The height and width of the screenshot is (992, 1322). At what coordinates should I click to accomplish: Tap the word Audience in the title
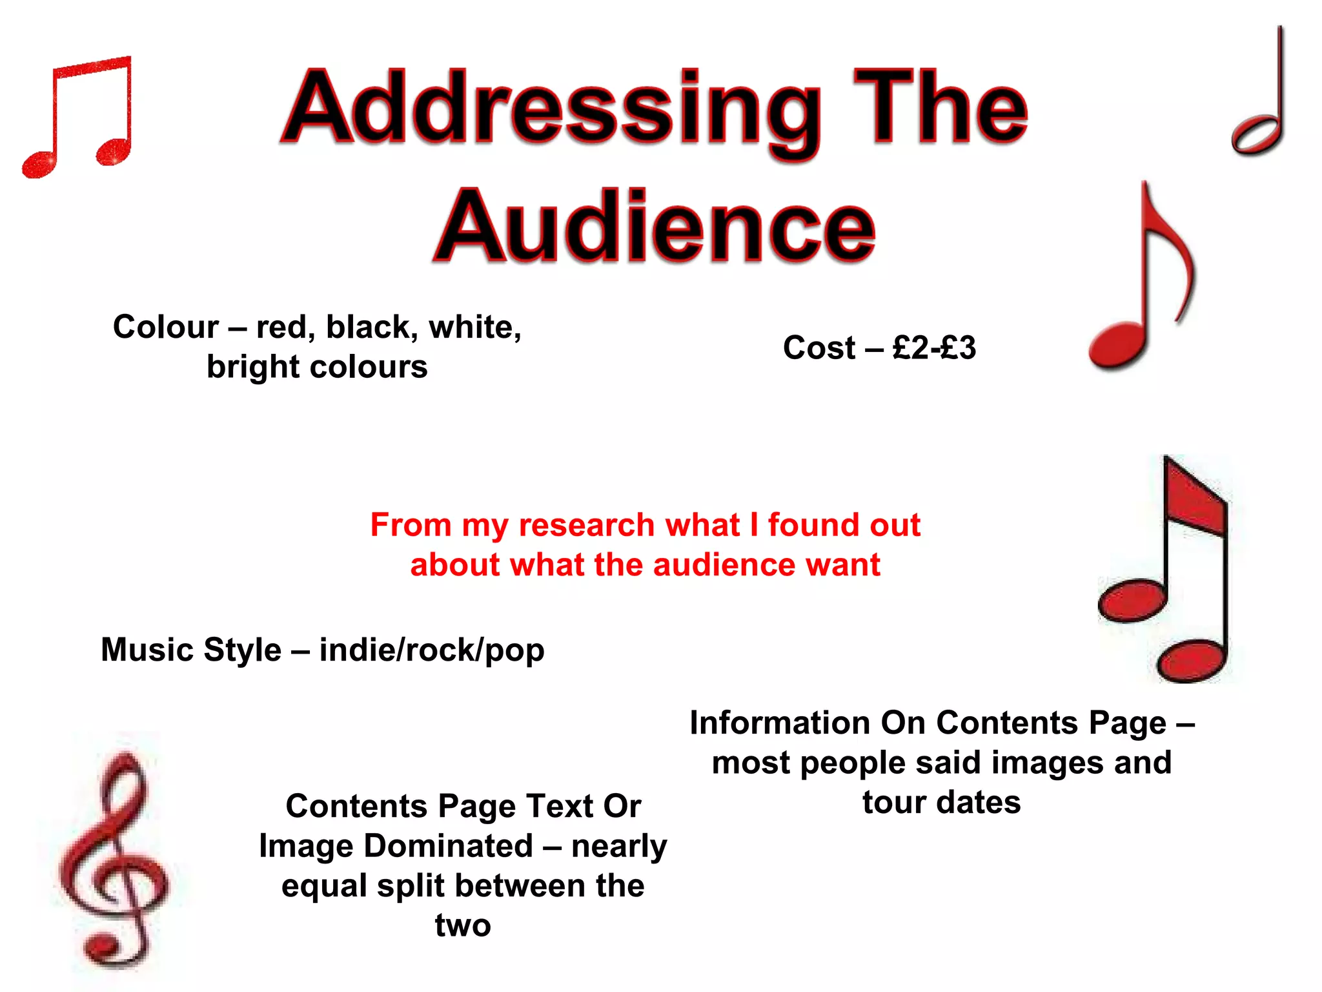point(655,226)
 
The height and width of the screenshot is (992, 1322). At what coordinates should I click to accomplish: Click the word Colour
point(166,327)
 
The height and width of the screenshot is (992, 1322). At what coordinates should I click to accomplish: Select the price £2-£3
point(935,348)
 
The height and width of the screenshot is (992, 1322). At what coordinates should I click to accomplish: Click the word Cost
point(819,348)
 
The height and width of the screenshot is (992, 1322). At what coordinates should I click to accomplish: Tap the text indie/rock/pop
point(432,650)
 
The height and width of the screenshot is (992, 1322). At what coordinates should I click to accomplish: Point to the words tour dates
point(942,803)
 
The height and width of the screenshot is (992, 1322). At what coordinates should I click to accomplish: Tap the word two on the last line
point(463,925)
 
